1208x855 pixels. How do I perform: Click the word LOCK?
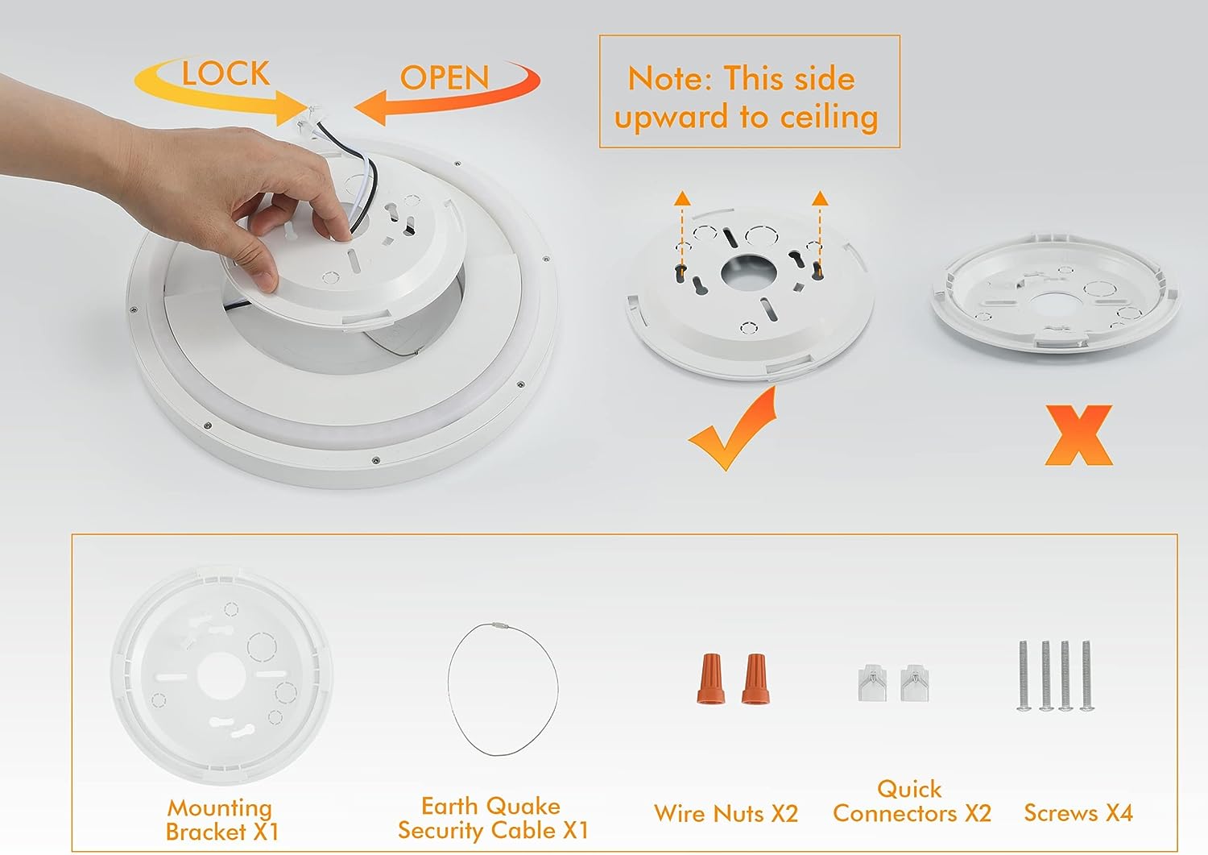(225, 73)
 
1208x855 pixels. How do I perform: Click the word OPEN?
(445, 78)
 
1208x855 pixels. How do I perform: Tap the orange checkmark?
(732, 430)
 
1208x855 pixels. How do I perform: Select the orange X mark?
(1078, 435)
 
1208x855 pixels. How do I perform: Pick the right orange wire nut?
(755, 679)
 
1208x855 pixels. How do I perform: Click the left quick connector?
(872, 683)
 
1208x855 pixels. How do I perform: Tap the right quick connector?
(915, 683)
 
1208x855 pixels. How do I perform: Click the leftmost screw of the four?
(1023, 675)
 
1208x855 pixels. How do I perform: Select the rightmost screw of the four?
(1086, 675)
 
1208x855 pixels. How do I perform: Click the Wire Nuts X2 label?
(726, 813)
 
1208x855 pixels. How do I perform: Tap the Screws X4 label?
(1078, 813)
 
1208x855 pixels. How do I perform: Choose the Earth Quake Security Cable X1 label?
(492, 818)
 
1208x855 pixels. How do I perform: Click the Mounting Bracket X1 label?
(221, 820)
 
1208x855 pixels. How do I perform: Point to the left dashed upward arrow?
(682, 232)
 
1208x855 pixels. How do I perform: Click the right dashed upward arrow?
(820, 232)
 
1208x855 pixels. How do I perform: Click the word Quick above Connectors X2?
(909, 790)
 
